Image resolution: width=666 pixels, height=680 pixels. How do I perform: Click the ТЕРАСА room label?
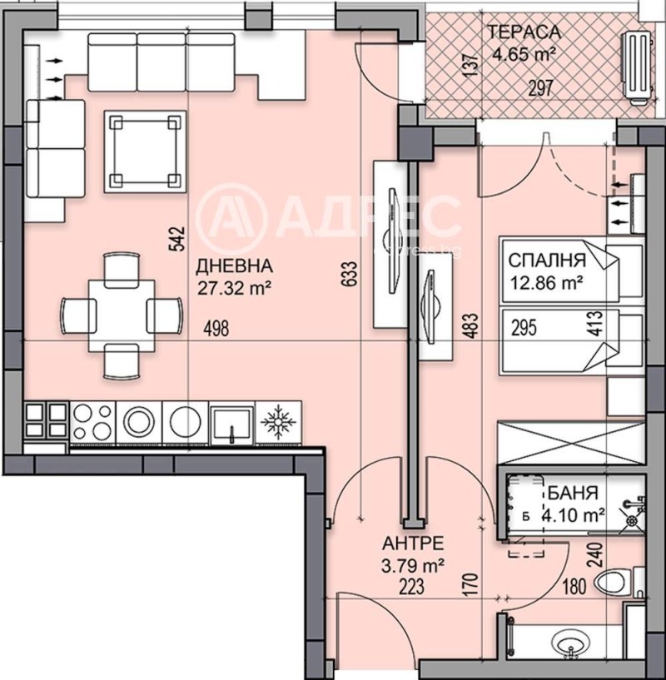(524, 33)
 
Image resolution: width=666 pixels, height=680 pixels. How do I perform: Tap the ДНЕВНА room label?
(234, 267)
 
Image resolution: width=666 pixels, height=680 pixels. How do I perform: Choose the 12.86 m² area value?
(545, 282)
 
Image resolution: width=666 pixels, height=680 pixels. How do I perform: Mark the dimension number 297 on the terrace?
(541, 89)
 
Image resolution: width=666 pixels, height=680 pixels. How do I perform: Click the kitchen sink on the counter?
(231, 422)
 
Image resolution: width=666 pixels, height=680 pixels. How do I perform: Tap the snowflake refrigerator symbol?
(277, 422)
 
